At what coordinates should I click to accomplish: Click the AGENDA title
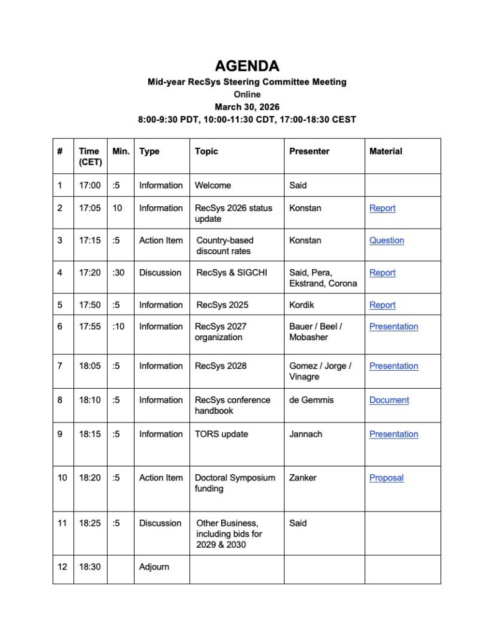247,66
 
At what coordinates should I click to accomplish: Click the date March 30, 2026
247,107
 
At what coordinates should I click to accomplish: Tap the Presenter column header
309,151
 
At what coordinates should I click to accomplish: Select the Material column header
386,151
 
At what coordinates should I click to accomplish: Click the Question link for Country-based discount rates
386,240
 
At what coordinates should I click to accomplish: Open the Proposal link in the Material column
386,478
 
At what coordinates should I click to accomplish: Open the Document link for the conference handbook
389,400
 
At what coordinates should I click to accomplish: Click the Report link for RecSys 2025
382,305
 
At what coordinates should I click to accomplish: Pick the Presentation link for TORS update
393,434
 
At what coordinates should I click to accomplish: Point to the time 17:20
89,273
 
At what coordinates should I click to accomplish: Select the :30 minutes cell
118,273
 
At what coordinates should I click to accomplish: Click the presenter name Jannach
305,434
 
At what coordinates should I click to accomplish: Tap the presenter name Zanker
302,478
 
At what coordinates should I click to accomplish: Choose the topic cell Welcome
212,185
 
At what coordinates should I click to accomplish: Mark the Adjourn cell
154,567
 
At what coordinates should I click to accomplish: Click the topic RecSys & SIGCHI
231,273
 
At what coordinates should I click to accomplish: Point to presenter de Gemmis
311,400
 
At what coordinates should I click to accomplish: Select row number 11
62,523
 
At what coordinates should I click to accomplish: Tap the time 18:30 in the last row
89,567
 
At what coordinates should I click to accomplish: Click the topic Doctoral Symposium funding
234,483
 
